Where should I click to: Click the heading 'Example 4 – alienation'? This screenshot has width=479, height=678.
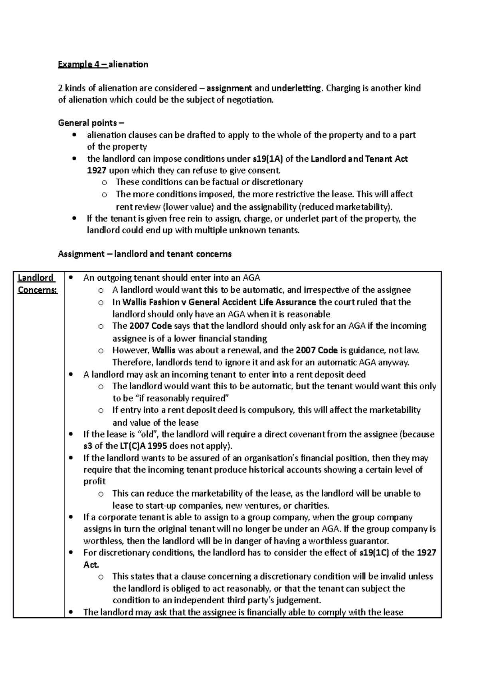103,64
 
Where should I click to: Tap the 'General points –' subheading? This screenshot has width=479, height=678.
91,123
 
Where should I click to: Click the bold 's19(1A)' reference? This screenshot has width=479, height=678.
268,159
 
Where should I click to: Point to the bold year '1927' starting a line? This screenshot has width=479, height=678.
97,170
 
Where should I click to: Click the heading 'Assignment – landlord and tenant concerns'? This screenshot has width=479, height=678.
144,254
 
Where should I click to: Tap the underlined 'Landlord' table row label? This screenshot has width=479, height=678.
36,278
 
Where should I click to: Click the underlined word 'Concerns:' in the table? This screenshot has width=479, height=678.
38,290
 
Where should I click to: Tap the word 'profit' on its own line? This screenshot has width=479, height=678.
94,482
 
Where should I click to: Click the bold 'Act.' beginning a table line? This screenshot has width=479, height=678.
91,565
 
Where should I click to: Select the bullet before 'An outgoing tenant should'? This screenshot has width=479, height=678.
71,278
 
